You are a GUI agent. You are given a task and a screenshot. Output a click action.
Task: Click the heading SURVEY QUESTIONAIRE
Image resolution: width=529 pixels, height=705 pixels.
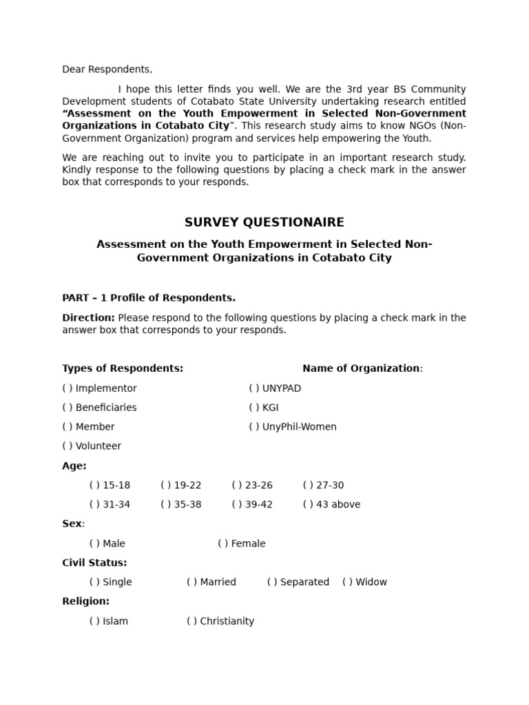[264, 222]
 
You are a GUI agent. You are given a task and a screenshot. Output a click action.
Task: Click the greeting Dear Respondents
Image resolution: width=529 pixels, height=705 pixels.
[107, 70]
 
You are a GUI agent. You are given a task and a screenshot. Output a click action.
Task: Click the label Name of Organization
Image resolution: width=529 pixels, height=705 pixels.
[362, 368]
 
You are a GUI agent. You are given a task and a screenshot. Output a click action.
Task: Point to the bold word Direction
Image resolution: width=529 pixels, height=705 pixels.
[88, 318]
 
